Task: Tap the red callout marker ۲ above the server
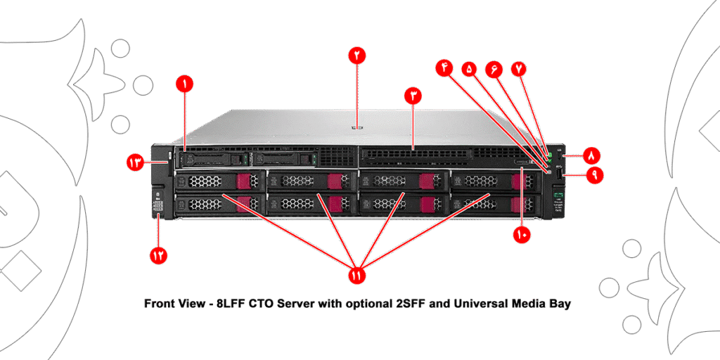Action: point(357,56)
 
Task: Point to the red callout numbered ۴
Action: point(444,67)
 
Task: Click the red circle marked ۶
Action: point(494,69)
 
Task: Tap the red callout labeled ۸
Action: point(591,153)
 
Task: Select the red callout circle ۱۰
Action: point(521,234)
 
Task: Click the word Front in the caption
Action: point(160,304)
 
